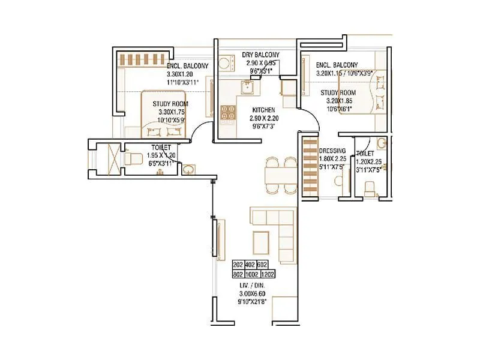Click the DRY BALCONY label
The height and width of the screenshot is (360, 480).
tap(261, 55)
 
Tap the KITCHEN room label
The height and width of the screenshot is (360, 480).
tap(264, 110)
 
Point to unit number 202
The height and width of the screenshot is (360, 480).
tap(238, 264)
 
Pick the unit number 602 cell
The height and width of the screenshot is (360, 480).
tap(262, 264)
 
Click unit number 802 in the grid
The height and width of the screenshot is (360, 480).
tap(238, 274)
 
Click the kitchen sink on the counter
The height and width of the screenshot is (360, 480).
tap(246, 88)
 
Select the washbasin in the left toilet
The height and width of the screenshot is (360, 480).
tap(188, 169)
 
